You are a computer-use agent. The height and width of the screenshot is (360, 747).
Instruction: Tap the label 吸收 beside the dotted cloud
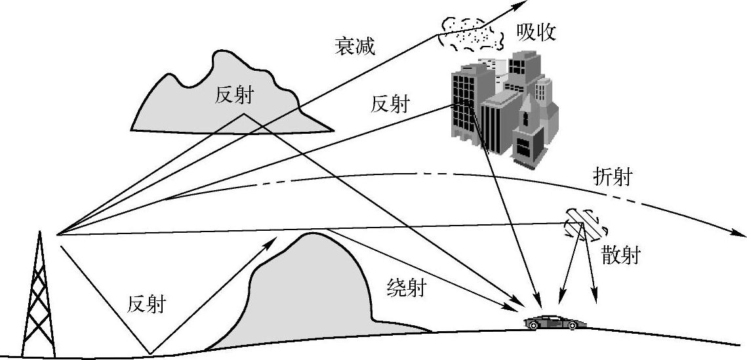point(536,32)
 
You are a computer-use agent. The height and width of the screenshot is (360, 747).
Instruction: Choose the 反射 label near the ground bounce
point(146,304)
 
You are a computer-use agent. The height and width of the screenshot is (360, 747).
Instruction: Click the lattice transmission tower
point(37,302)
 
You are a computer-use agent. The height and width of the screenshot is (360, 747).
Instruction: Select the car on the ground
point(554,322)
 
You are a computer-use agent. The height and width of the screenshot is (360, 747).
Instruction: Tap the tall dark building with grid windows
point(467,105)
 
